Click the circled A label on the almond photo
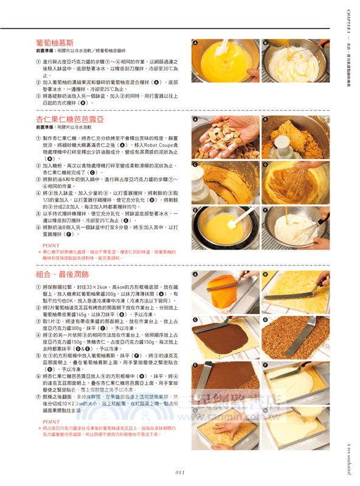pyautogui.click(x=196, y=120)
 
